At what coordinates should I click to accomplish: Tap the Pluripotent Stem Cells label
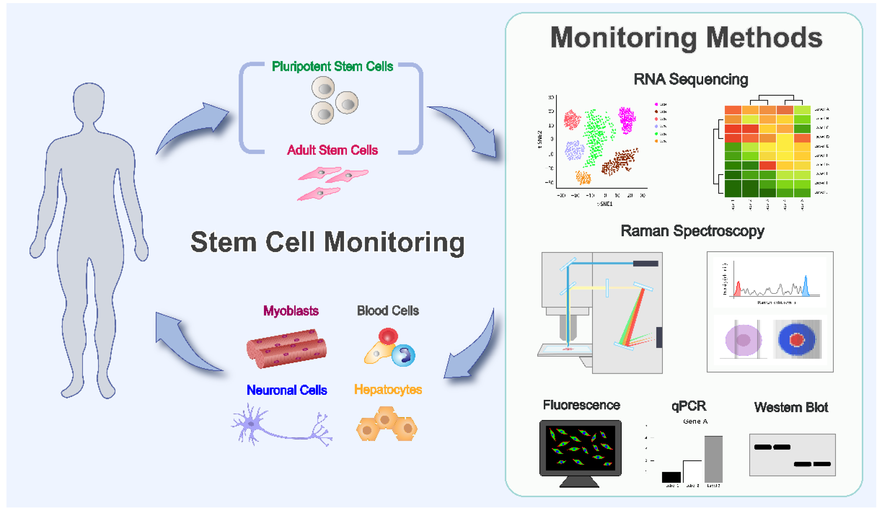332,66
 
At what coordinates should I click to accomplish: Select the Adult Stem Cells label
332,150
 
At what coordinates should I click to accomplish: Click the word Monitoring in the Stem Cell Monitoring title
394,242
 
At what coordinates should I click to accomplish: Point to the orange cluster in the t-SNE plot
583,178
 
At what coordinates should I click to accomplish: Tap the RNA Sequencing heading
690,79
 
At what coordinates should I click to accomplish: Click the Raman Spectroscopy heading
692,231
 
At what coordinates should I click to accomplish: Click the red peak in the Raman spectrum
738,290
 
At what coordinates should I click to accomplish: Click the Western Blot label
791,407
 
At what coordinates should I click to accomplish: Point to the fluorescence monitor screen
580,447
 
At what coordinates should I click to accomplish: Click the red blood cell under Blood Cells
388,336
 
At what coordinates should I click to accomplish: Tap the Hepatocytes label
388,389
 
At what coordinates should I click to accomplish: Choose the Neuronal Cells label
287,390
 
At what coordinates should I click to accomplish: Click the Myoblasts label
291,311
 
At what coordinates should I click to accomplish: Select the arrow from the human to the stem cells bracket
196,126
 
